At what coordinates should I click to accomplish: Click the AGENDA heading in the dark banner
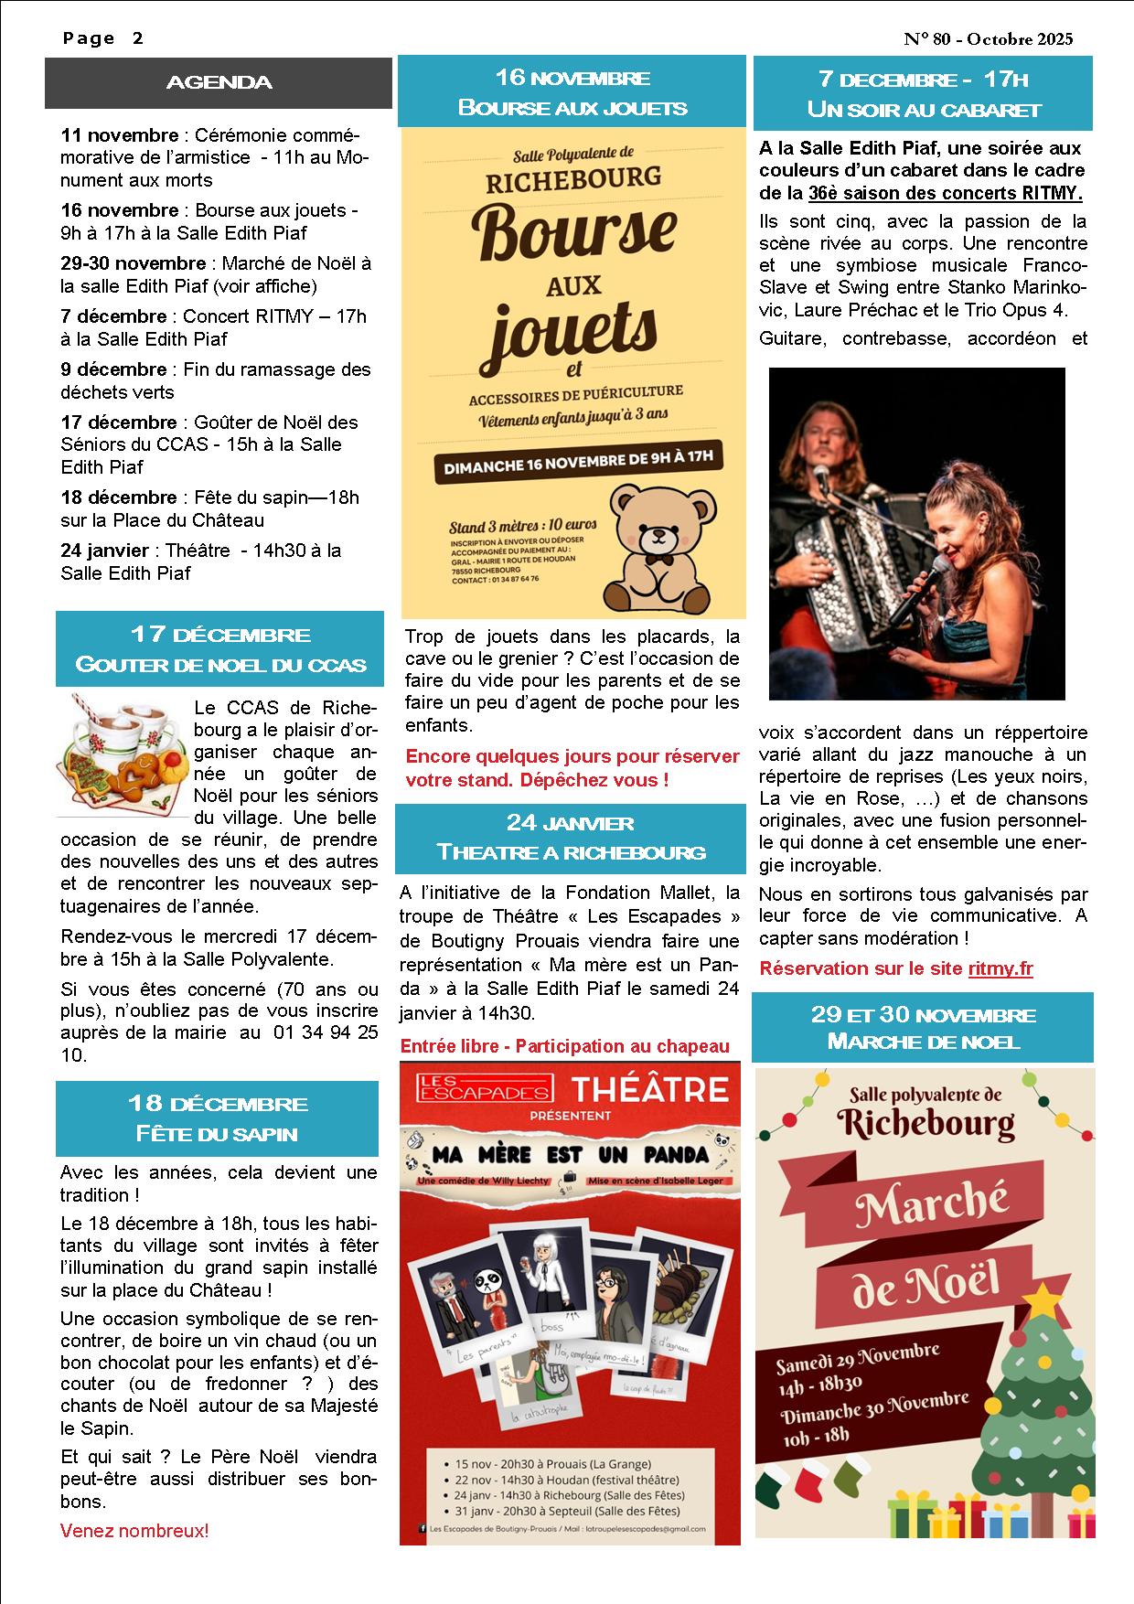(219, 83)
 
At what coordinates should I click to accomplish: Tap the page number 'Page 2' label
(103, 38)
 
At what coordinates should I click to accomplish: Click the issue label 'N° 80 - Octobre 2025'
(988, 39)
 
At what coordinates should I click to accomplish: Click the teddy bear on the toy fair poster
(658, 549)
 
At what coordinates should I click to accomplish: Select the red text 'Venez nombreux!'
(134, 1530)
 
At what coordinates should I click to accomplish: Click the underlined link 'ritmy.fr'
(1000, 968)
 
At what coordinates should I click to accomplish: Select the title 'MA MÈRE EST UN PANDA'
(571, 1154)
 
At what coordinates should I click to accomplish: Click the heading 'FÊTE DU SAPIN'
(217, 1133)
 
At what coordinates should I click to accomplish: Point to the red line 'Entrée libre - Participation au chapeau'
(565, 1046)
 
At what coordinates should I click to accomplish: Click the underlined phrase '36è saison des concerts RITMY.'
(945, 193)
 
